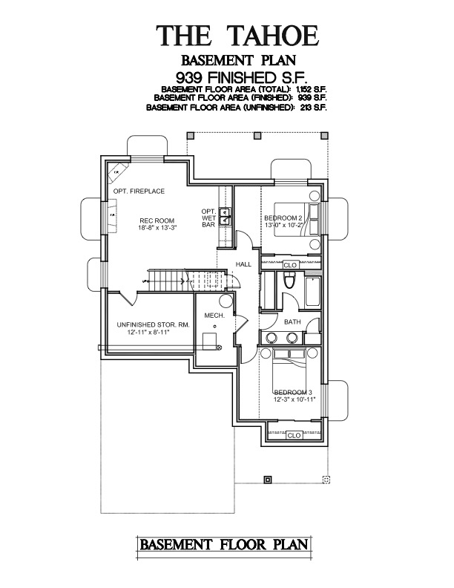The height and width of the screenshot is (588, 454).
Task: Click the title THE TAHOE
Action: coord(237,35)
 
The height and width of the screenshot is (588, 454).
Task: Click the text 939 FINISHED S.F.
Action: coord(237,76)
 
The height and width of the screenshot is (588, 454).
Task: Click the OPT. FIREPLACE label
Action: coord(139,192)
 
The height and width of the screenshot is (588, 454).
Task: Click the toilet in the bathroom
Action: coord(291,281)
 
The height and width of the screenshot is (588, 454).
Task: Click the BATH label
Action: coord(292,322)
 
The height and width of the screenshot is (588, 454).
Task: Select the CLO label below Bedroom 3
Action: coord(294,435)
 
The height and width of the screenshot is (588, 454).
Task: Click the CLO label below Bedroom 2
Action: coord(290,264)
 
